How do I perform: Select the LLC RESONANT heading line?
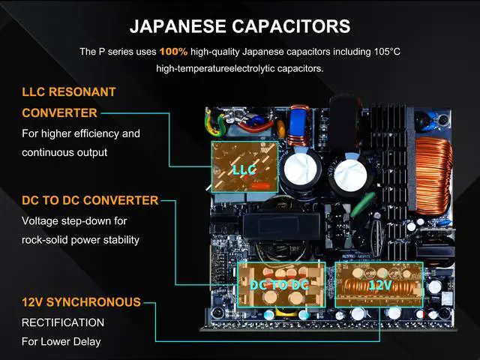pyautogui.click(x=69, y=92)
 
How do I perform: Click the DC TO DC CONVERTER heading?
pyautogui.click(x=90, y=200)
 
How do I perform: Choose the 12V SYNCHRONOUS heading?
pyautogui.click(x=81, y=302)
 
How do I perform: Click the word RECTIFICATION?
pyautogui.click(x=63, y=322)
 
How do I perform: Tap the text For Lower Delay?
pyautogui.click(x=61, y=342)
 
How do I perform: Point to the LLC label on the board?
pyautogui.click(x=244, y=170)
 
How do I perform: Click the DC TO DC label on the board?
pyautogui.click(x=279, y=285)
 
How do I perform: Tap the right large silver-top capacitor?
pyautogui.click(x=350, y=172)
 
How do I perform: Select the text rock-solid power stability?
pyautogui.click(x=80, y=241)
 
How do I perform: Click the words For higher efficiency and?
pyautogui.click(x=81, y=133)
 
